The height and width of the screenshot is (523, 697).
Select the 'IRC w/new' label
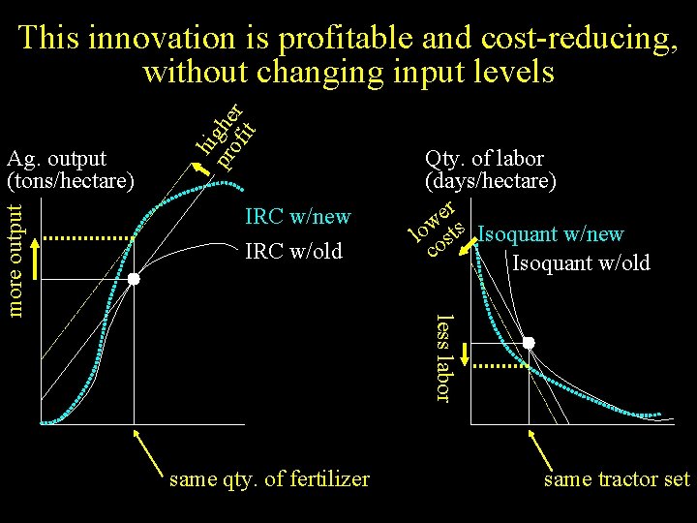click(298, 216)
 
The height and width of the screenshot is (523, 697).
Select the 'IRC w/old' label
click(293, 251)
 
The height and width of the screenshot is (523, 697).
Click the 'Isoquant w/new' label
click(551, 234)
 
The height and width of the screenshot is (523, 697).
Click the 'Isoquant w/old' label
click(581, 262)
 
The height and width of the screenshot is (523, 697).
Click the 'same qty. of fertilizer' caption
click(269, 478)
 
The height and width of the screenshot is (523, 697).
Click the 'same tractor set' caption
click(617, 479)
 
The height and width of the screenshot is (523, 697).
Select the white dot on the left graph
click(135, 279)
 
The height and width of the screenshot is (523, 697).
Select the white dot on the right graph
click(530, 343)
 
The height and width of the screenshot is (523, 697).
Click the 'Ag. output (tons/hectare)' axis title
click(70, 168)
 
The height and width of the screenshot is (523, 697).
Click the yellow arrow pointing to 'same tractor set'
click(547, 451)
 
